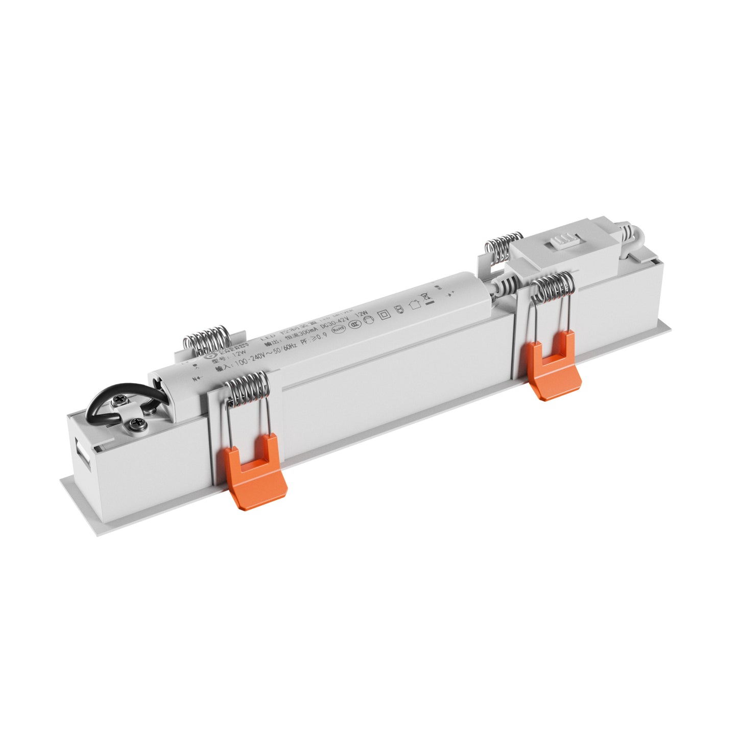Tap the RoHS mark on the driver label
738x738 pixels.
(338, 329)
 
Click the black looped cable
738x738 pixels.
(102, 406)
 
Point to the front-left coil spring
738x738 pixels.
(248, 388)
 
